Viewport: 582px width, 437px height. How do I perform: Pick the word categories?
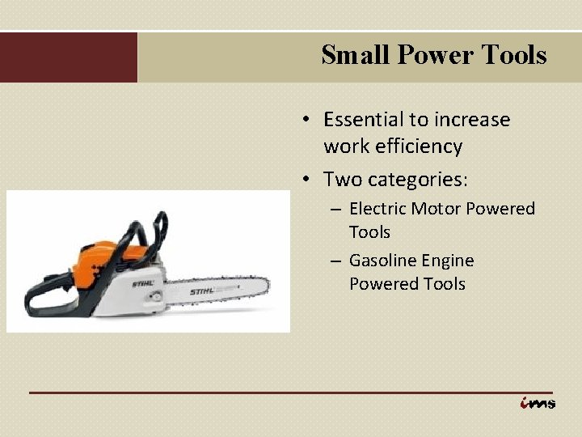[425, 178]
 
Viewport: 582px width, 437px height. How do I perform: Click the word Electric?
[377, 209]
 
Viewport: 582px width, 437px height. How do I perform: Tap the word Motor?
[436, 209]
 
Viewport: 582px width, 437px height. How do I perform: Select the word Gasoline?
[383, 261]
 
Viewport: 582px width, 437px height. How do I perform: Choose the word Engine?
[447, 261]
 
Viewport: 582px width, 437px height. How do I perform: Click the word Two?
[340, 178]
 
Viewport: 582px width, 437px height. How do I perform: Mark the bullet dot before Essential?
[307, 121]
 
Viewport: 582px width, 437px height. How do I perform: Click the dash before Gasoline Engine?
[336, 261]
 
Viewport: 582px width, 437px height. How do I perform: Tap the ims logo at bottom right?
[537, 402]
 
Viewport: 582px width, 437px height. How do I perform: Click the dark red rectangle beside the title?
[69, 57]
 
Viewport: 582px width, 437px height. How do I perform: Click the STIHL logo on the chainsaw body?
[144, 283]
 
